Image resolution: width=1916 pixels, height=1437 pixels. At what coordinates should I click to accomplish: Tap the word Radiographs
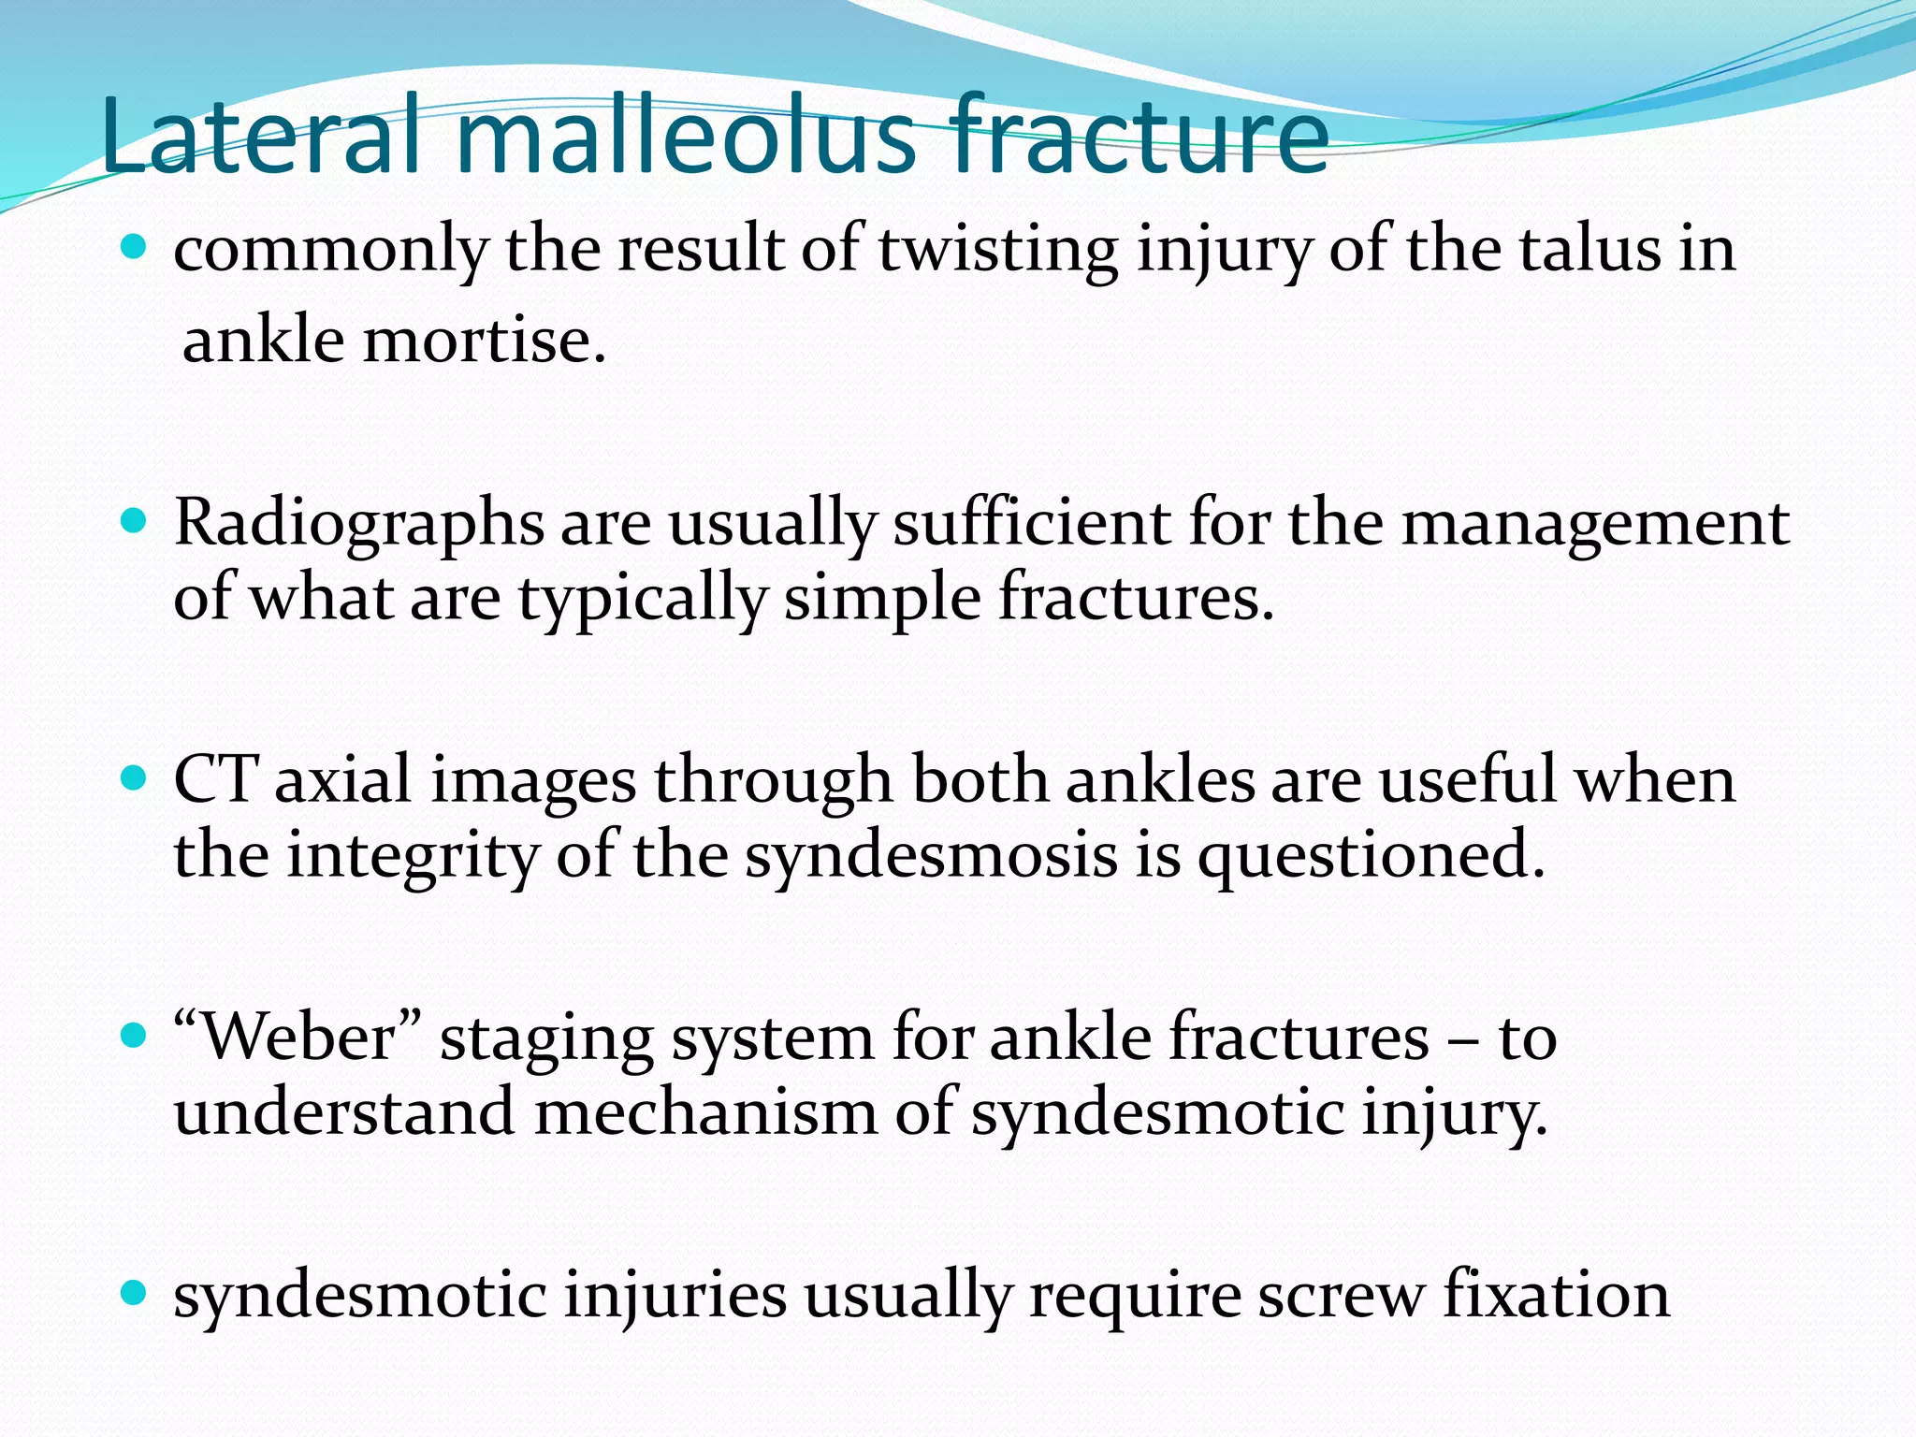(358, 524)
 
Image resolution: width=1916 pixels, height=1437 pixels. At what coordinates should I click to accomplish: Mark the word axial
(342, 779)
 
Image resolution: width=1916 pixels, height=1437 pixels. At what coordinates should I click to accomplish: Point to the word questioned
(1371, 857)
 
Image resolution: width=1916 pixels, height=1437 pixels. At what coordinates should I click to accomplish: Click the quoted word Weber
(298, 1038)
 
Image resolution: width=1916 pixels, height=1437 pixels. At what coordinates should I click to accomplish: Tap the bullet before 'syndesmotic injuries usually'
(135, 1293)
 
